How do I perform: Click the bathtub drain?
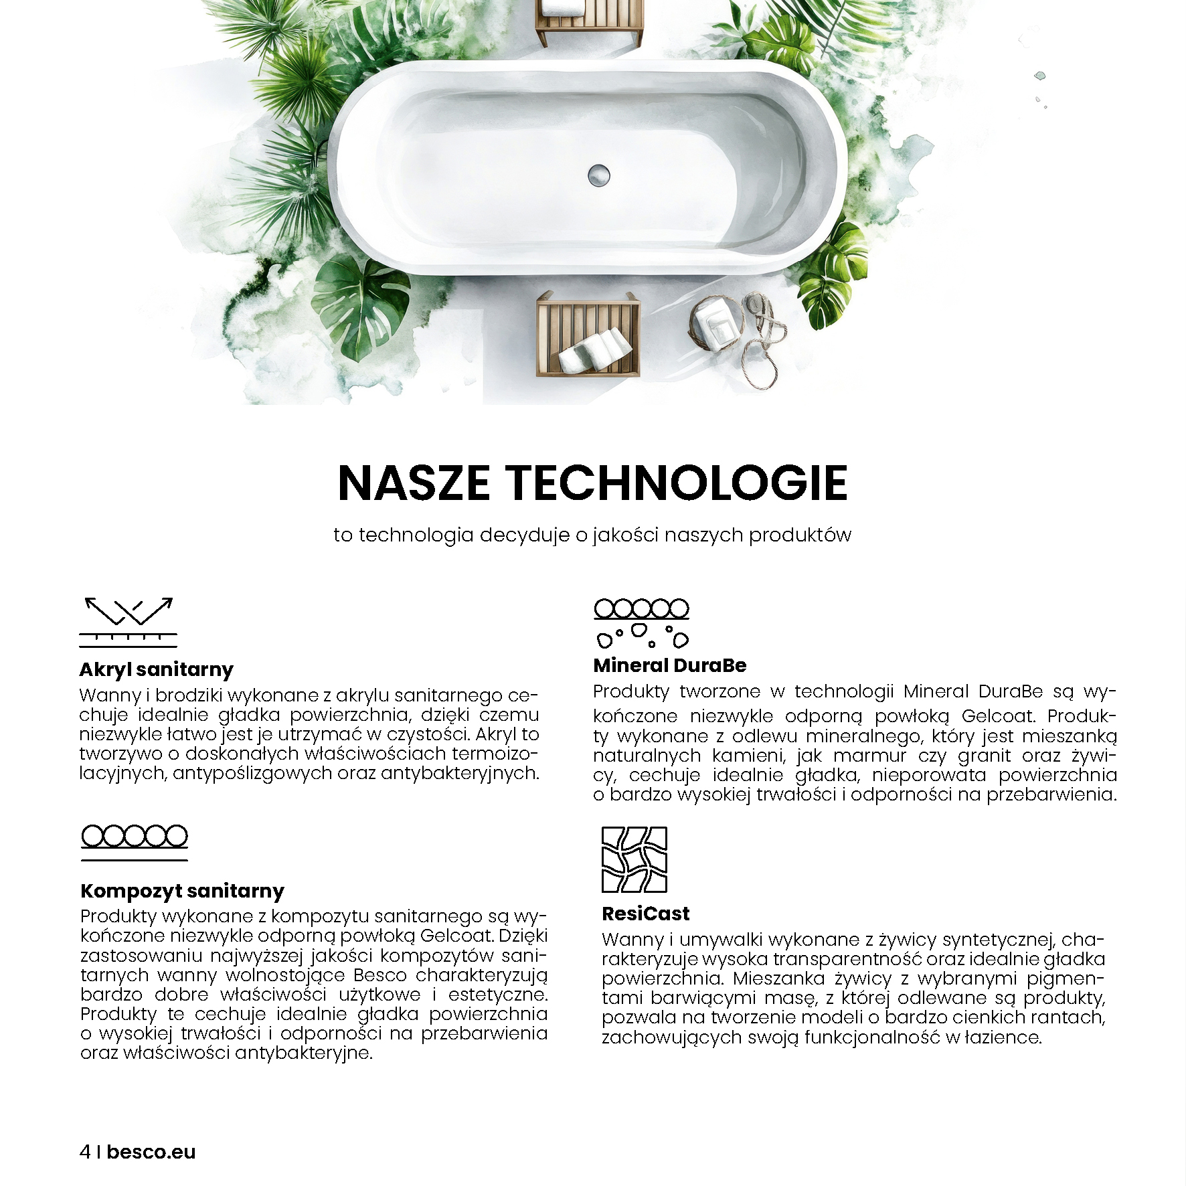pos(599,175)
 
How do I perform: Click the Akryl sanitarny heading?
pos(156,669)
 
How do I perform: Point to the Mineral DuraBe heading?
pos(669,665)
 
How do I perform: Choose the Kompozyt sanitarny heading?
pos(182,891)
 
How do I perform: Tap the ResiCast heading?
pos(645,914)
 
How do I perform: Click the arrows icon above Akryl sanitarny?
pos(129,622)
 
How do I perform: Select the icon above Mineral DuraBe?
pos(641,623)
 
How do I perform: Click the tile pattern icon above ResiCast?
pos(634,860)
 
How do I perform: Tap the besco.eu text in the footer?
pos(151,1152)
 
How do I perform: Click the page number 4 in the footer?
pos(84,1152)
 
